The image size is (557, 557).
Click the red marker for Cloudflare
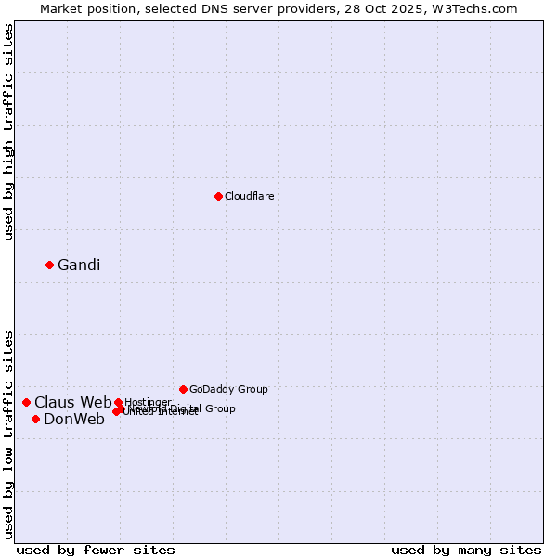218,196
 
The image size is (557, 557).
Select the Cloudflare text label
249,196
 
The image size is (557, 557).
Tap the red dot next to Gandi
49,265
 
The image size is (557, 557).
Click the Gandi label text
79,266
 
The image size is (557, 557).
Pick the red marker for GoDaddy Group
183,389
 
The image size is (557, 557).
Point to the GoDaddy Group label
228,389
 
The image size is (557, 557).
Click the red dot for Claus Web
26,402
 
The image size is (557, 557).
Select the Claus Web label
72,403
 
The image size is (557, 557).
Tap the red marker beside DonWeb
35,419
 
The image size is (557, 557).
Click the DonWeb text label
74,420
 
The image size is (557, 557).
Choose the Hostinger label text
149,402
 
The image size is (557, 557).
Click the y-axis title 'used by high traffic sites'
8,132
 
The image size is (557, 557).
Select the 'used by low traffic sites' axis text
8,434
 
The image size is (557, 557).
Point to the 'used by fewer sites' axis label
96,550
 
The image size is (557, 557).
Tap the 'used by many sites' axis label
466,550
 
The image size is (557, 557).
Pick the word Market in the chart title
62,8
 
